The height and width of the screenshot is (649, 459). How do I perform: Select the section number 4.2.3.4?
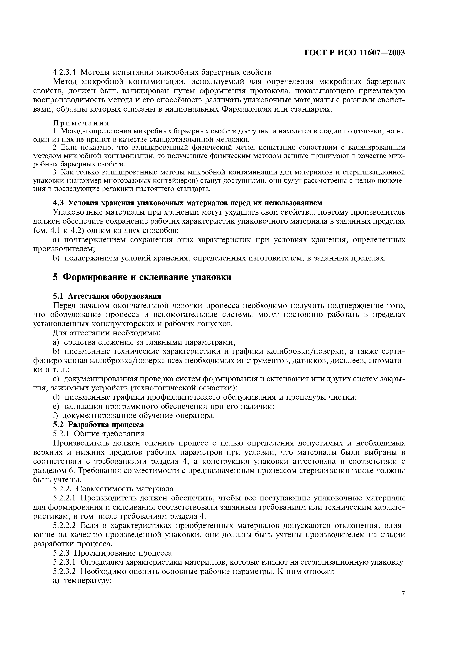click(x=64, y=72)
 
